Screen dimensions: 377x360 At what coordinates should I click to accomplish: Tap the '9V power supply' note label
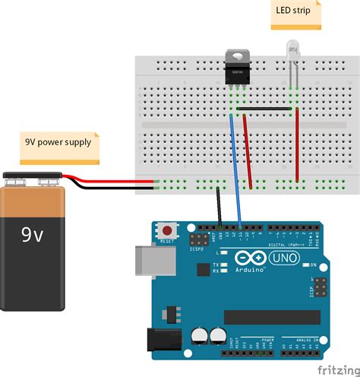[x=58, y=141]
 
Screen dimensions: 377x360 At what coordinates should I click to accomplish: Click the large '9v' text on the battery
[x=33, y=235]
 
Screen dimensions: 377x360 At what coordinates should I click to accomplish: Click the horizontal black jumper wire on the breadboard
[x=264, y=109]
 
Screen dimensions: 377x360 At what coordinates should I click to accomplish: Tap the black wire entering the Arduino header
[x=219, y=207]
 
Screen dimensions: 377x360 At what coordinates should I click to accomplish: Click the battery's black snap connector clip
[x=33, y=180]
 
